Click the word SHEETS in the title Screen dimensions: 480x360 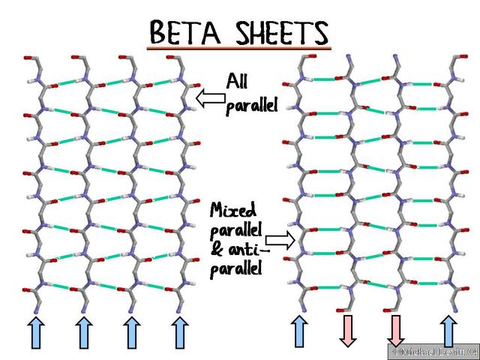point(282,32)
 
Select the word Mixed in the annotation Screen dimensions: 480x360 point(233,210)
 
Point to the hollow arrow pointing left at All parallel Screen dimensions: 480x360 point(211,98)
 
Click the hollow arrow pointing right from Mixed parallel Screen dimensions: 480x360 point(280,240)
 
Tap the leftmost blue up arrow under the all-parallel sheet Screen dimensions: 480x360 point(36,333)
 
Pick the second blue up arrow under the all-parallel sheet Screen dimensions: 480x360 point(84,333)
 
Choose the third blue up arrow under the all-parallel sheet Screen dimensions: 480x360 point(132,333)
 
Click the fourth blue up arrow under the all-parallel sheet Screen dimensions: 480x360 point(180,333)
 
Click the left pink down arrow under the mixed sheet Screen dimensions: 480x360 point(348,331)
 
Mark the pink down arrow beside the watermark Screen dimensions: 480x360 point(396,331)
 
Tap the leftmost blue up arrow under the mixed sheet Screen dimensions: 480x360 point(299,331)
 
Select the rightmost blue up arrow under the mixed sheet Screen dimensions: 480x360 point(448,331)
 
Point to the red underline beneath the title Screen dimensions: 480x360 point(239,48)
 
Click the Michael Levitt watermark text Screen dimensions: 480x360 point(435,351)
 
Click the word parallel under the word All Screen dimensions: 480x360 point(252,106)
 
